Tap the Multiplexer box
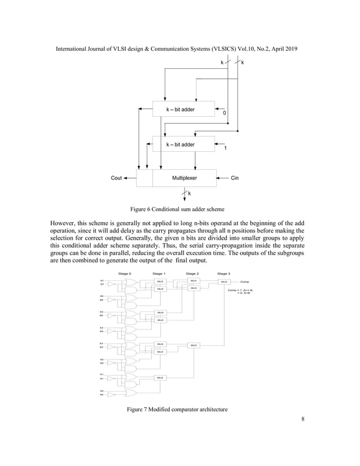185,178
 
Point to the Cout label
116,178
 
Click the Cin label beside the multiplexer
235,178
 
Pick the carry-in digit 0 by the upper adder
225,113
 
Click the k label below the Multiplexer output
189,194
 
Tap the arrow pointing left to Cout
127,178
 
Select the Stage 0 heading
125,274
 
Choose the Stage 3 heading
223,274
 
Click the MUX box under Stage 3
223,282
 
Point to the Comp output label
245,282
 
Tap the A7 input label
102,280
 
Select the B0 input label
102,395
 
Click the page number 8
303,419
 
